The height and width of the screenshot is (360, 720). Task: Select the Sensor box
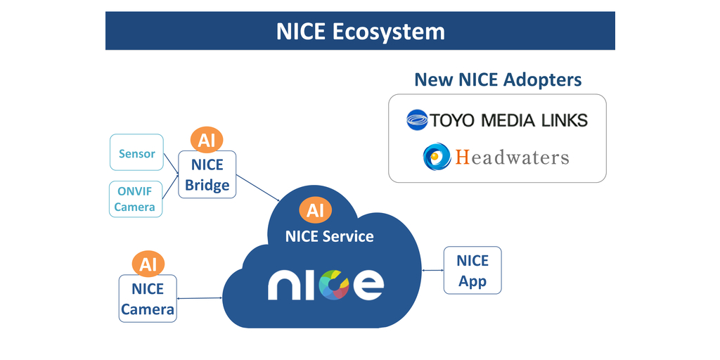pyautogui.click(x=136, y=153)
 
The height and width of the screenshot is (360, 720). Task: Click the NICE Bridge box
pyautogui.click(x=207, y=174)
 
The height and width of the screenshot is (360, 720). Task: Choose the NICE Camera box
pyautogui.click(x=148, y=299)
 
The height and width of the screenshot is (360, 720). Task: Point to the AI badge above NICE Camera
pyautogui.click(x=148, y=264)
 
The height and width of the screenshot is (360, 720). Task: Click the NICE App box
pyautogui.click(x=472, y=271)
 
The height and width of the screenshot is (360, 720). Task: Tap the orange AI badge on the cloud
pyautogui.click(x=315, y=210)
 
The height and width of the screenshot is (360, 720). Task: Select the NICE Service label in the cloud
pyautogui.click(x=329, y=236)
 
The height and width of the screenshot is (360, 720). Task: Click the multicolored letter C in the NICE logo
pyautogui.click(x=335, y=284)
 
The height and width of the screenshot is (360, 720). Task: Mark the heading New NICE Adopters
pyautogui.click(x=498, y=79)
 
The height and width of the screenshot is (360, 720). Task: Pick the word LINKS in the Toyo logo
pyautogui.click(x=558, y=120)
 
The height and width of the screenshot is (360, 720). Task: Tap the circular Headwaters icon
pyautogui.click(x=437, y=156)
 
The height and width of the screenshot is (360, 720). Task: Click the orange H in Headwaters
pyautogui.click(x=462, y=156)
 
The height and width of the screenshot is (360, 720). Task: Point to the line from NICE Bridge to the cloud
pyautogui.click(x=257, y=189)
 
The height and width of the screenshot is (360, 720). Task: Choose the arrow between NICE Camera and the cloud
pyautogui.click(x=200, y=298)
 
